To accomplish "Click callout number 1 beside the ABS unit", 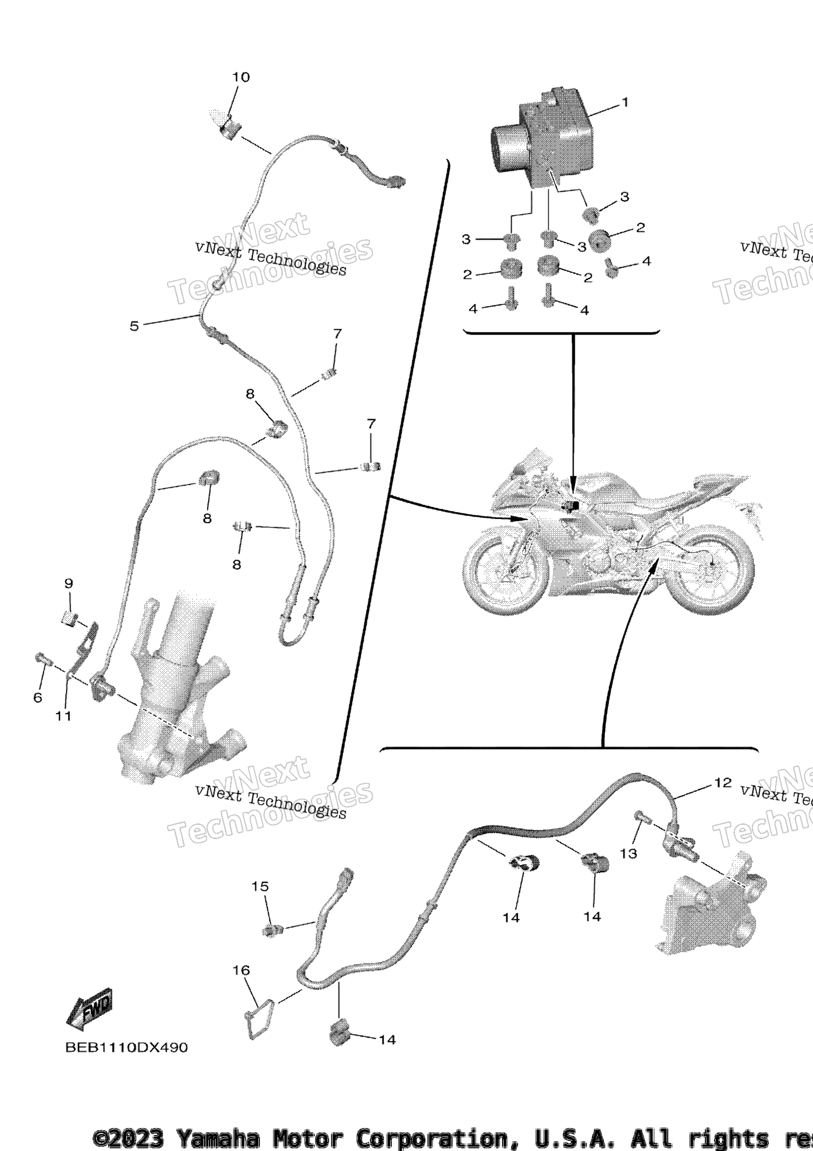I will [x=625, y=102].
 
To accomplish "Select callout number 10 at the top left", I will [x=241, y=77].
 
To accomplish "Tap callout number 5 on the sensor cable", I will [x=134, y=326].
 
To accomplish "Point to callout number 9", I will [x=68, y=584].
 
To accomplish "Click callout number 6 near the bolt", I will [x=37, y=698].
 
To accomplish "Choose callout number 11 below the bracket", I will [x=64, y=716].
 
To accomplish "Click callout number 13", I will [x=628, y=853].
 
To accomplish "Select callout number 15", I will [x=260, y=887].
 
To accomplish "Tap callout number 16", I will [x=241, y=970].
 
